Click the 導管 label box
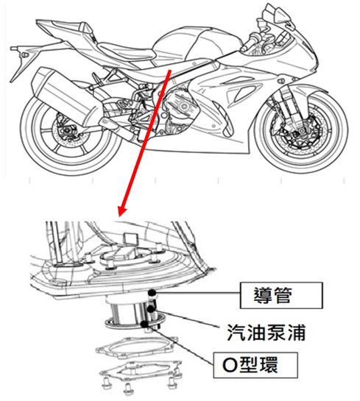click(x=281, y=295)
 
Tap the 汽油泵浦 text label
click(x=267, y=333)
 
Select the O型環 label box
click(x=255, y=365)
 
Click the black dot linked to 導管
click(x=152, y=292)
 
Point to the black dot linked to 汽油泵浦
click(x=151, y=309)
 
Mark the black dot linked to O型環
click(x=144, y=324)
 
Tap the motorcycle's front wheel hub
click(x=300, y=132)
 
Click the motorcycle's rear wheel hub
click(x=67, y=129)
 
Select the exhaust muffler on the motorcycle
click(x=66, y=95)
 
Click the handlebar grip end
click(x=243, y=47)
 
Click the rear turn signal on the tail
click(x=25, y=54)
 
